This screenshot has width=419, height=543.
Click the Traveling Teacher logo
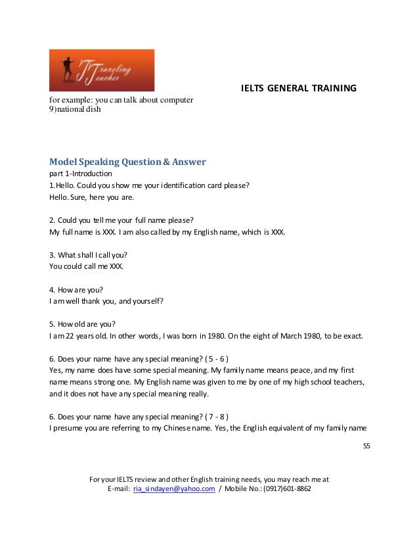(x=102, y=70)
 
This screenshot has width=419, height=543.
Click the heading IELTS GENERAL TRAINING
(x=299, y=87)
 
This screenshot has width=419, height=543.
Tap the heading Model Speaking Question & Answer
(x=127, y=162)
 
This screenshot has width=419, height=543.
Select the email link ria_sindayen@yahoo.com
(x=174, y=489)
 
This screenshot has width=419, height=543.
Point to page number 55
(x=366, y=446)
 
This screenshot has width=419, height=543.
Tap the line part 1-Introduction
(x=80, y=174)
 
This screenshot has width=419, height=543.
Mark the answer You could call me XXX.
(x=86, y=266)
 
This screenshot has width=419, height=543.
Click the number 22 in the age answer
(x=69, y=335)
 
